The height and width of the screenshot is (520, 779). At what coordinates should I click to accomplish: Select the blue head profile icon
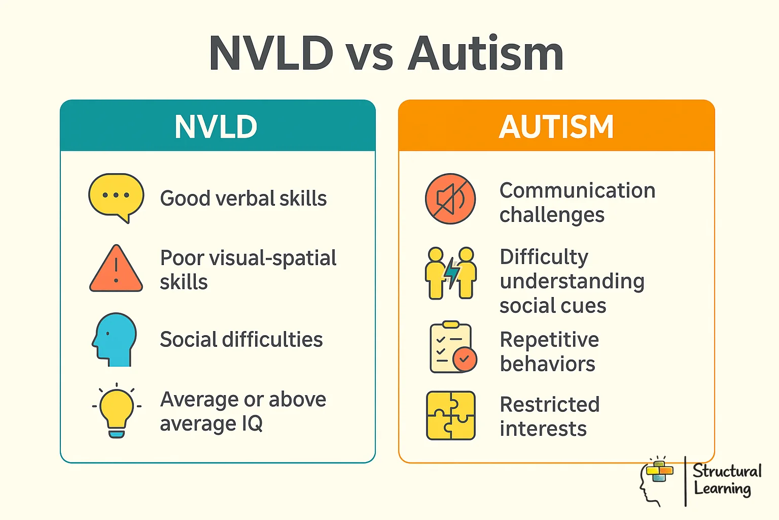point(115,339)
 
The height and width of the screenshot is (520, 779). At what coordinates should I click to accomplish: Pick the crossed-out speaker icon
point(450,199)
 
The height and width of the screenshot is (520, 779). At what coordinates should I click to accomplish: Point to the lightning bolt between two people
point(451,273)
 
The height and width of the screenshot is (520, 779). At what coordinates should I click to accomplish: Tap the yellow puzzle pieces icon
point(451,415)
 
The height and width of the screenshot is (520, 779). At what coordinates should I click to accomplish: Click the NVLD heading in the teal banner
point(216,127)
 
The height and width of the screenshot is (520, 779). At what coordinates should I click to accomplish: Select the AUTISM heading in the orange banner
point(556,127)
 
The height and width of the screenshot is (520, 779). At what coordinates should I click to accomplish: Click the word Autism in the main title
point(486,54)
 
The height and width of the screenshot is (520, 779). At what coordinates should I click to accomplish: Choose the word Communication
point(577,191)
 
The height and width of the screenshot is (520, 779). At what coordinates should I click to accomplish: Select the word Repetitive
point(549,340)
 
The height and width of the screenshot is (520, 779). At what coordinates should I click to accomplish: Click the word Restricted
point(550,405)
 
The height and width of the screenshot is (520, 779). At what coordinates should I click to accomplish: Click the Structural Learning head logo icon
point(656,480)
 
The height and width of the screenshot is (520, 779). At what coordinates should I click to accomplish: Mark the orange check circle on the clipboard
point(465,360)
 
